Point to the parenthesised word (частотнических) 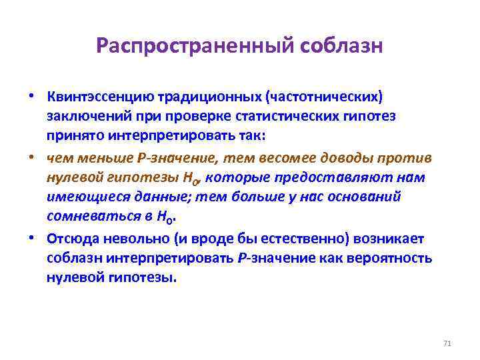[x=324, y=98]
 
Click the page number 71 [x=447, y=343]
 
